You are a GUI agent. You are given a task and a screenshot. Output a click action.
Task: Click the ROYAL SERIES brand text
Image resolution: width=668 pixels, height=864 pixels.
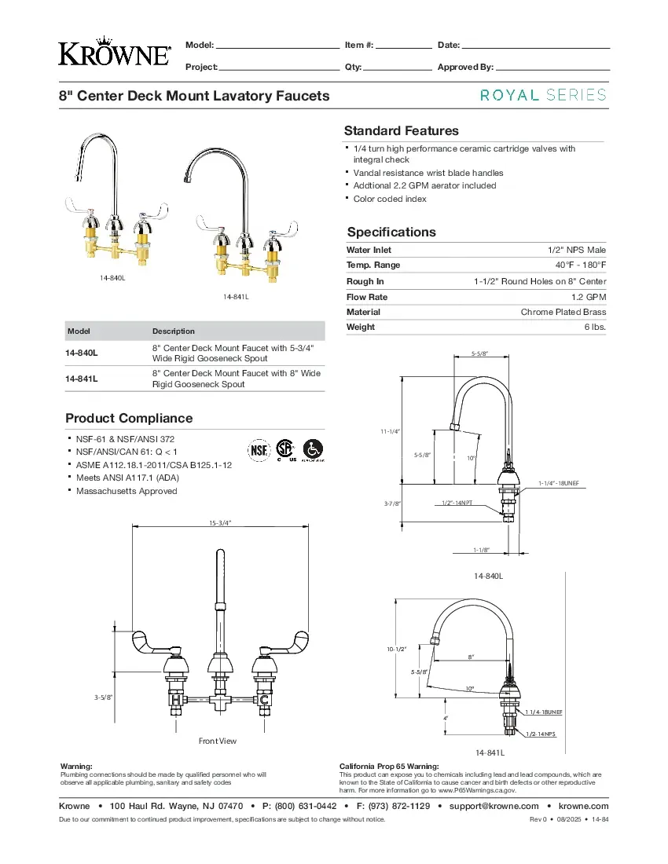click(x=543, y=95)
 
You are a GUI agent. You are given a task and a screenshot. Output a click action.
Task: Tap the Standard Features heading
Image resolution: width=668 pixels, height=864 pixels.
click(x=401, y=131)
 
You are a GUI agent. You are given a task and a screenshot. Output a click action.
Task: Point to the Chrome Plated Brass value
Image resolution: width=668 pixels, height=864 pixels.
click(x=563, y=312)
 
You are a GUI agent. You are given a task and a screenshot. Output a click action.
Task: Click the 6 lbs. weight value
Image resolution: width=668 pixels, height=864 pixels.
click(x=594, y=327)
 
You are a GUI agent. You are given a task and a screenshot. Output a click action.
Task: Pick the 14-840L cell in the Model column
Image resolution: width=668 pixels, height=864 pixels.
click(x=82, y=353)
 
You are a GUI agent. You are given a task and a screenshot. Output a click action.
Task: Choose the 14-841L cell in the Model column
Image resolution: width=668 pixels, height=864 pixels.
click(x=82, y=379)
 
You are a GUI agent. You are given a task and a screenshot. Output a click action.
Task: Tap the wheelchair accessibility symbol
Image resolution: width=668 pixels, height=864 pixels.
click(x=314, y=449)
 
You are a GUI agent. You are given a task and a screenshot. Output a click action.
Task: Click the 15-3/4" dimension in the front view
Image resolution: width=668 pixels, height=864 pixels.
click(x=220, y=522)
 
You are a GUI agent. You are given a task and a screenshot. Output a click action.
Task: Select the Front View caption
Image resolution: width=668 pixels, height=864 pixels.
click(x=218, y=741)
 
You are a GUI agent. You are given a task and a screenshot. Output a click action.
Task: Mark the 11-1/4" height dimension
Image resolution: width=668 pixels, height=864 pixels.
click(x=391, y=431)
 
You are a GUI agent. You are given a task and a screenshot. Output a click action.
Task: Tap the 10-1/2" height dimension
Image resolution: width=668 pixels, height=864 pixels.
click(x=395, y=649)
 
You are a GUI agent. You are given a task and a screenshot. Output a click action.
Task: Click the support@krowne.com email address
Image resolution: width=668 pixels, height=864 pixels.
click(x=494, y=806)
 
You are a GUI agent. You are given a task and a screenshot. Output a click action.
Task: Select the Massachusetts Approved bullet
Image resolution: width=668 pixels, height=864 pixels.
click(x=127, y=491)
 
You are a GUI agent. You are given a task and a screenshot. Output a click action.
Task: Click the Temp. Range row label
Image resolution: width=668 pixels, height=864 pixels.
click(x=373, y=265)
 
